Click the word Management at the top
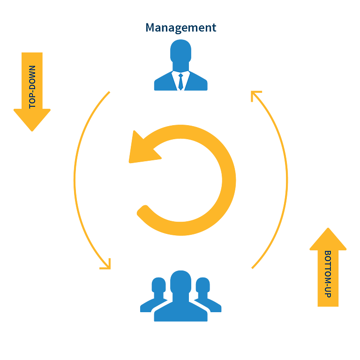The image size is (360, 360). pyautogui.click(x=180, y=28)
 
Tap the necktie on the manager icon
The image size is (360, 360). pyautogui.click(x=180, y=82)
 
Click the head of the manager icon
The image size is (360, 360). pyautogui.click(x=180, y=51)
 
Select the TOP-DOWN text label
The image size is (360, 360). pyautogui.click(x=32, y=87)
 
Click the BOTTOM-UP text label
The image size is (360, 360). pyautogui.click(x=328, y=274)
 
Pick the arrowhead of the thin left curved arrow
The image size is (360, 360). pyautogui.click(x=107, y=265)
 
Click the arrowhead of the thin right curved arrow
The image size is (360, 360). pyautogui.click(x=255, y=95)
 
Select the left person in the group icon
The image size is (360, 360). pyautogui.click(x=155, y=294)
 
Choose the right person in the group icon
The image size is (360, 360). pyautogui.click(x=207, y=294)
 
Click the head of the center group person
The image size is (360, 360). pyautogui.click(x=180, y=282)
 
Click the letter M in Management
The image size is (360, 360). pyautogui.click(x=150, y=27)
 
